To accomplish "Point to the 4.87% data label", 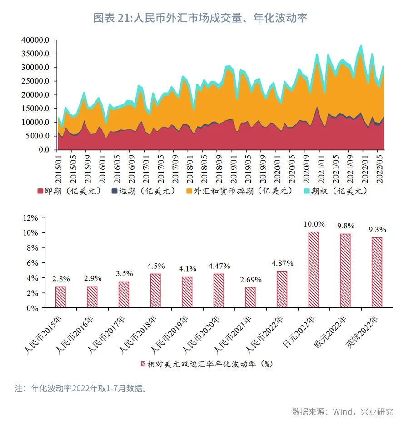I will click(283, 263).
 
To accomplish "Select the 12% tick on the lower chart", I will click(32, 217).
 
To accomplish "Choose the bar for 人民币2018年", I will click(155, 291).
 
